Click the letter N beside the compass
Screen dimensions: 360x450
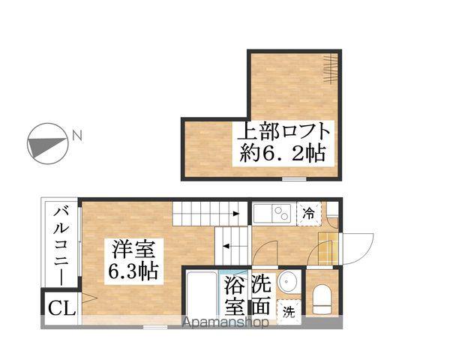point(76,136)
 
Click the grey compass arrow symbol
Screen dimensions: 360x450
point(45,142)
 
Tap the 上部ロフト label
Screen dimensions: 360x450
point(283,133)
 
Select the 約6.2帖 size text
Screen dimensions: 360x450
point(283,155)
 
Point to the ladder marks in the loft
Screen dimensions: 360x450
point(330,69)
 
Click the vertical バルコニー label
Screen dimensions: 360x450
point(60,243)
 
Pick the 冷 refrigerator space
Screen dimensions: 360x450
point(309,212)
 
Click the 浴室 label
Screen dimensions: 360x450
point(235,296)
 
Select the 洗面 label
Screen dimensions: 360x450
point(261,295)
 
